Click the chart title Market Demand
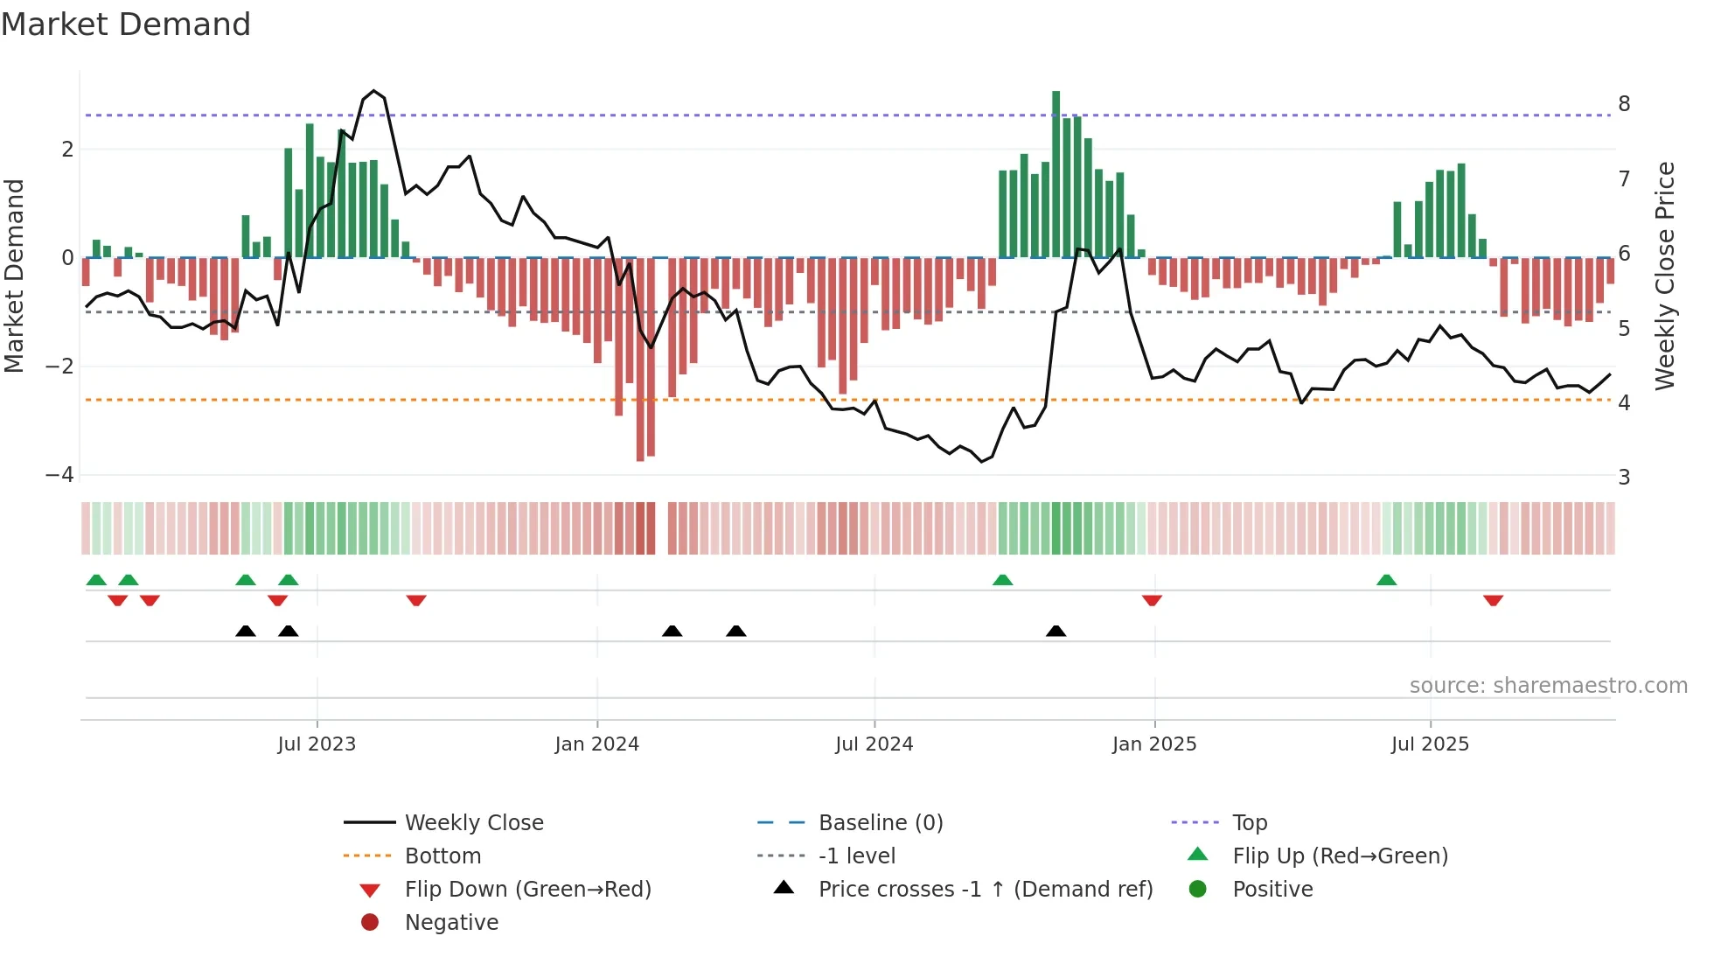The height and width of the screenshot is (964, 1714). click(126, 24)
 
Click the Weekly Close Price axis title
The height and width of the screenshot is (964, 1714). click(1665, 276)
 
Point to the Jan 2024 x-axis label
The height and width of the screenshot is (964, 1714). click(596, 744)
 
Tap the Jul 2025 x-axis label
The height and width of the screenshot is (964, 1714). click(1430, 744)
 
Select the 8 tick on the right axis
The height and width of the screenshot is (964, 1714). click(1624, 104)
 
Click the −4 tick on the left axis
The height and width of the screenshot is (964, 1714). click(59, 475)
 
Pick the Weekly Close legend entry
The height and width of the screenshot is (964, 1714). click(473, 823)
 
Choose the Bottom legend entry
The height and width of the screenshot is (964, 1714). click(442, 856)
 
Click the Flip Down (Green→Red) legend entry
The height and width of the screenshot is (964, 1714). click(527, 890)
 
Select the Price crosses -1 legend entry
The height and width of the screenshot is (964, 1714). click(985, 890)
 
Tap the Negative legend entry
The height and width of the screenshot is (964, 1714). click(451, 923)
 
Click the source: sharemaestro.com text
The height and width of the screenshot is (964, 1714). click(1548, 686)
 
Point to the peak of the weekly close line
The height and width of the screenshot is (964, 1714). click(374, 91)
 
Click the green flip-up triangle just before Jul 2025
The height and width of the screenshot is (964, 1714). click(1386, 580)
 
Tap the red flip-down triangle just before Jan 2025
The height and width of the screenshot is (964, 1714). click(1152, 600)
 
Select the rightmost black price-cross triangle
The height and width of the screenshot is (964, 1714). click(1056, 631)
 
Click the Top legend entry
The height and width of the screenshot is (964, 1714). click(1249, 823)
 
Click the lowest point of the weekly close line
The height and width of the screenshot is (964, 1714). click(981, 461)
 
